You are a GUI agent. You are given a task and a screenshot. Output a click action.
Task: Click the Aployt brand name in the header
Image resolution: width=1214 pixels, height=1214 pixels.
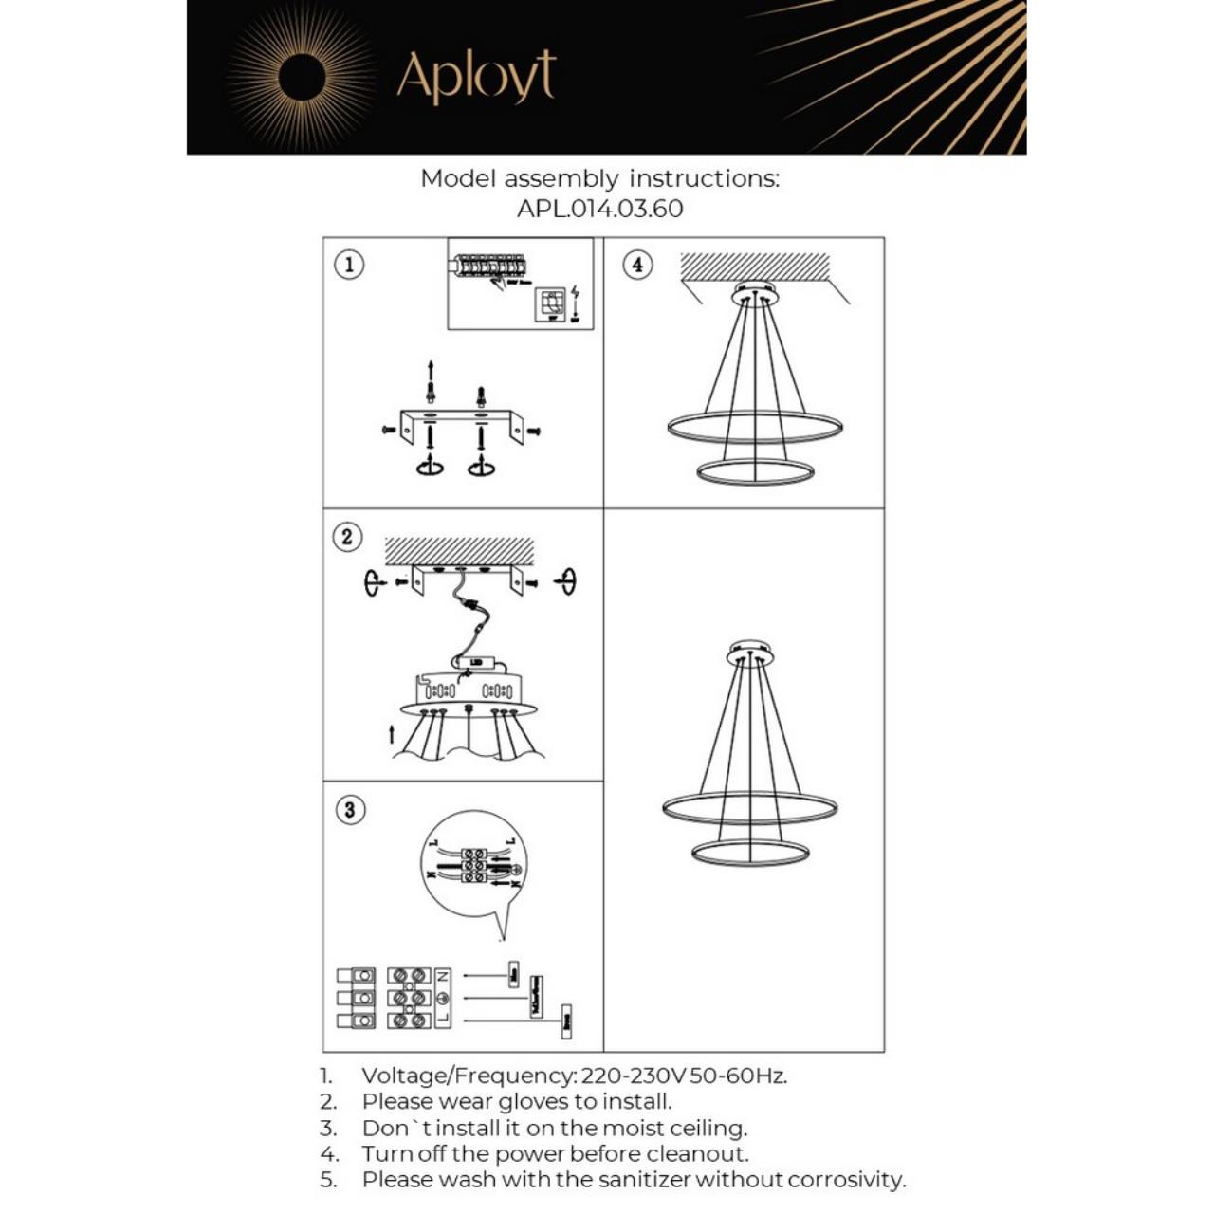click(475, 77)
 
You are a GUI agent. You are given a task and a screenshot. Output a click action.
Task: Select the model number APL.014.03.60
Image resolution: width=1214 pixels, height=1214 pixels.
click(599, 209)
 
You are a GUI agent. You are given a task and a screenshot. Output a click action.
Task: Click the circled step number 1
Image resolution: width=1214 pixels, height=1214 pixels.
click(350, 265)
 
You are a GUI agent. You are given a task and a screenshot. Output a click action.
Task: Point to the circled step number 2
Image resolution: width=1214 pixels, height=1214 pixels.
click(347, 537)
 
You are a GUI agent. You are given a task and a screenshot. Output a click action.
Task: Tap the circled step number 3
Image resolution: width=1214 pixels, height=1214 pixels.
click(350, 810)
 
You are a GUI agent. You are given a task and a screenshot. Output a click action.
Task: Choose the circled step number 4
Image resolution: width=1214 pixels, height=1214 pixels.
click(637, 265)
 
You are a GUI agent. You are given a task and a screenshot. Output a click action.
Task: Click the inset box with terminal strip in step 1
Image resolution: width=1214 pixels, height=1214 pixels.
click(520, 284)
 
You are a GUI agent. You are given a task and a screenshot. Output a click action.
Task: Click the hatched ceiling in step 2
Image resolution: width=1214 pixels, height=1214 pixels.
click(459, 551)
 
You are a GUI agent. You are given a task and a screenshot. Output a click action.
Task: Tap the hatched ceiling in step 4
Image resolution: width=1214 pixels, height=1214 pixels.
click(754, 267)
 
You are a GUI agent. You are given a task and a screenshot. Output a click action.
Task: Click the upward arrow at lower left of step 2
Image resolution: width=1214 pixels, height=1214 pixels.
click(392, 735)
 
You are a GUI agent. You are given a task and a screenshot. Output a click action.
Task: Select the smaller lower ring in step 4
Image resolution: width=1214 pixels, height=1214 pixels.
click(755, 471)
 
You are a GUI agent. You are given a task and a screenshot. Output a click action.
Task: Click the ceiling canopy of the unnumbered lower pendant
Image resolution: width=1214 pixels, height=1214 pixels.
click(750, 653)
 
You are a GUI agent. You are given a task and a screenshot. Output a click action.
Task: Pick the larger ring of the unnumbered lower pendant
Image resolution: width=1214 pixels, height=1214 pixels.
click(749, 808)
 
